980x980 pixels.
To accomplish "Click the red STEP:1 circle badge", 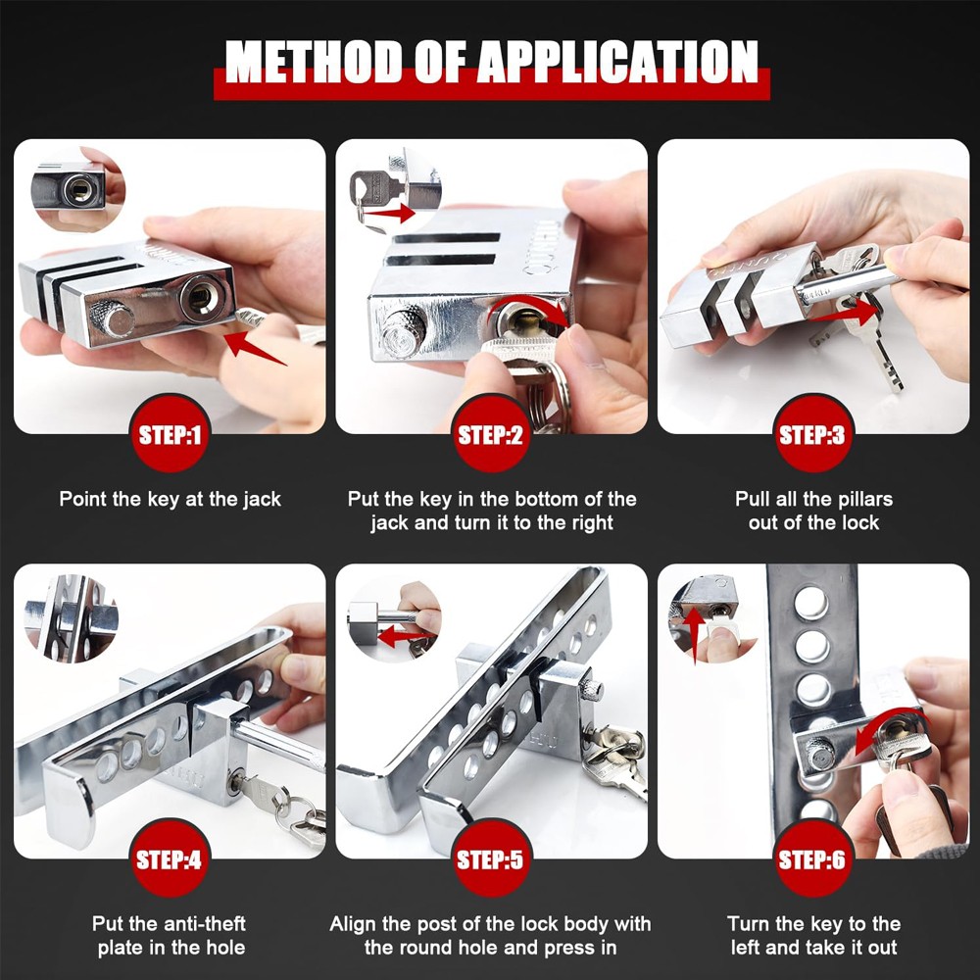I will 170,434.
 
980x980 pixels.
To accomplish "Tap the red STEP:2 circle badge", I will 490,434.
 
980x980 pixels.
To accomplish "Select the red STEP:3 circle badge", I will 810,434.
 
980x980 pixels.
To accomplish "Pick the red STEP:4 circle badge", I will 170,859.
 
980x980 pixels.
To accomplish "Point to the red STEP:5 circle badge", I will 490,859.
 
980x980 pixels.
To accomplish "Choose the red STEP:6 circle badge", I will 810,859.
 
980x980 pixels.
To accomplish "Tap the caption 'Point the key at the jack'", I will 170,499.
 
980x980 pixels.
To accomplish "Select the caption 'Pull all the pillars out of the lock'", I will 813,511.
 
